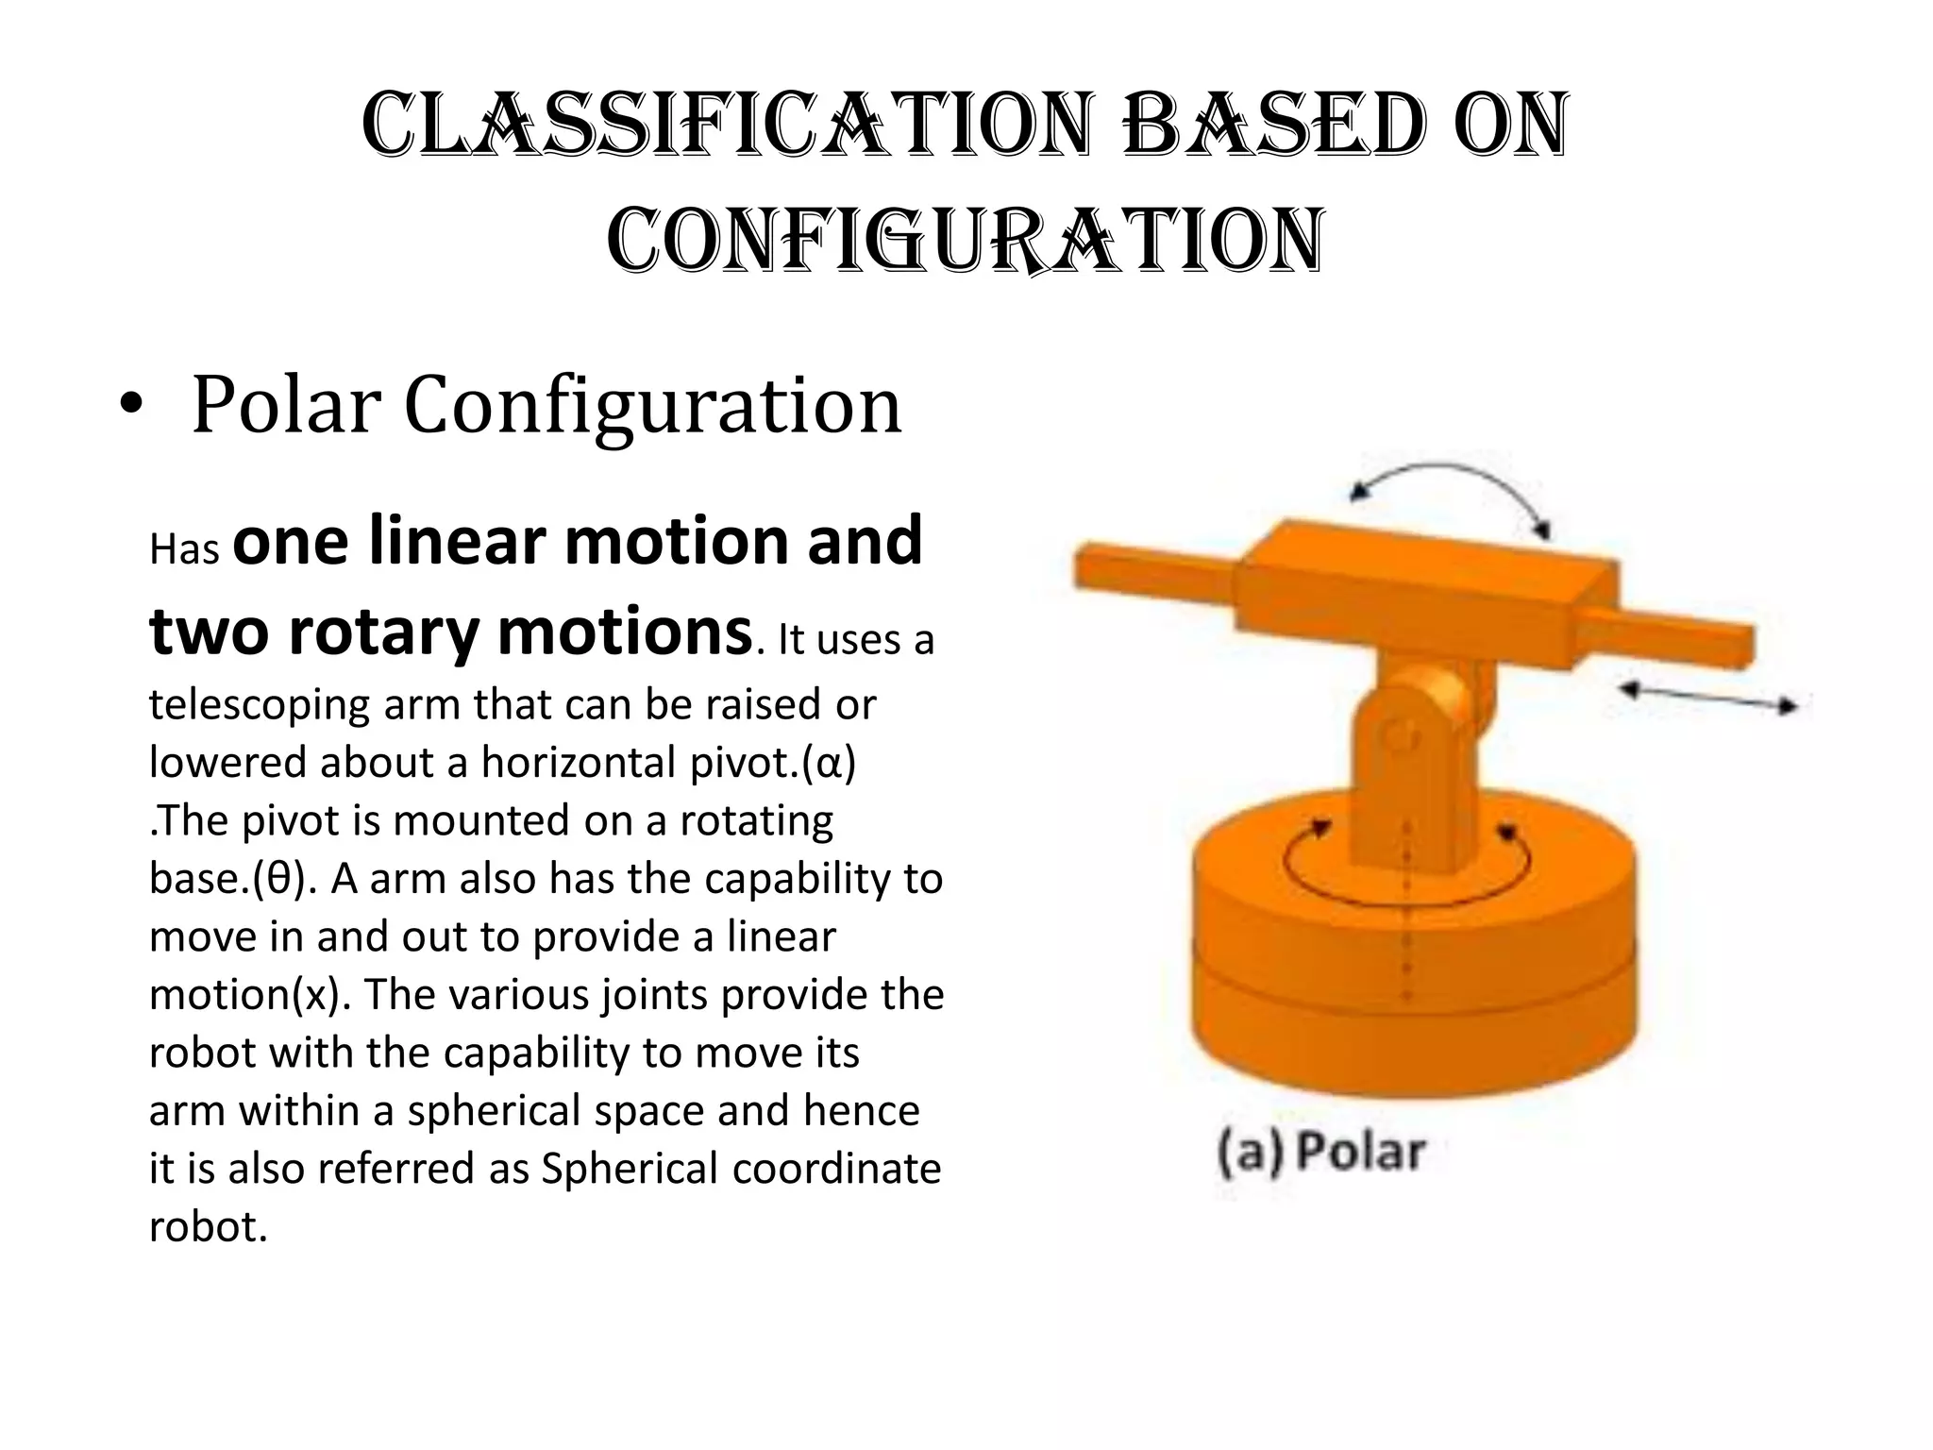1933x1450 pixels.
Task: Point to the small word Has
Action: click(x=184, y=549)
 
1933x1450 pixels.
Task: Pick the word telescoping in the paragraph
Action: click(x=259, y=704)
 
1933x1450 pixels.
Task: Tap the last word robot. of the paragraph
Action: click(x=208, y=1227)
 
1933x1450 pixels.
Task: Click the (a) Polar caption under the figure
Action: click(x=1321, y=1153)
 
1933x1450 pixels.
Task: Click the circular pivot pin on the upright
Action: click(x=1400, y=735)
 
